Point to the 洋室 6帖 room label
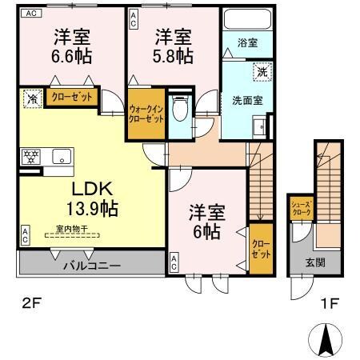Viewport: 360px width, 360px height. pos(207,222)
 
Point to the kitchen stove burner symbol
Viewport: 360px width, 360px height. pos(30,157)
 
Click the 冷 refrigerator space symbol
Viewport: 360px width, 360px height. pos(31,100)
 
